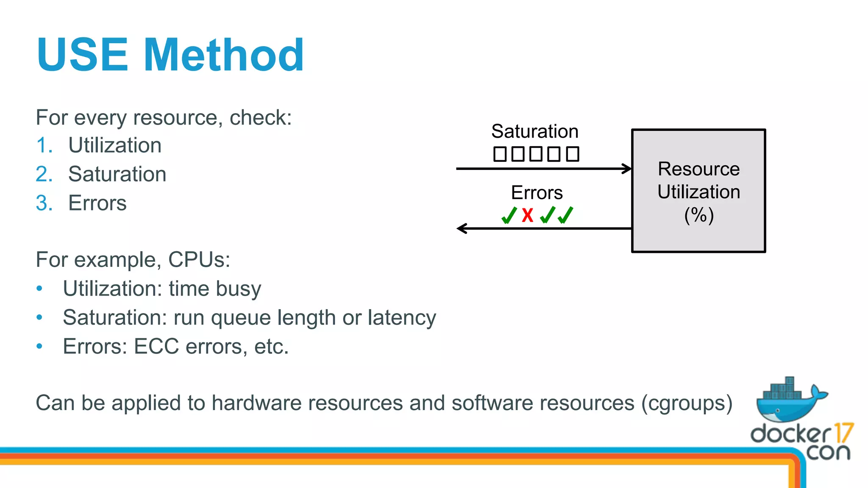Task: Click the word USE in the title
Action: pos(82,55)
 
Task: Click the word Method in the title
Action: pos(224,55)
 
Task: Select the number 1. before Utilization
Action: pos(44,145)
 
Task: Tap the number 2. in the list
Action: pos(44,174)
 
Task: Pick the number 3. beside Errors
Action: pos(44,203)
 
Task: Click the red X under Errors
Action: pos(527,215)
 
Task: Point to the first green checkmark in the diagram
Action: pos(509,215)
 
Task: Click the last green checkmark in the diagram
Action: pos(565,215)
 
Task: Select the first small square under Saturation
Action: pos(500,154)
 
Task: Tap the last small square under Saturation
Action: pos(573,154)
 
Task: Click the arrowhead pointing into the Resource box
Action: pos(627,169)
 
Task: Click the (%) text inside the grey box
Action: pos(699,215)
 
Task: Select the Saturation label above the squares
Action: pos(535,131)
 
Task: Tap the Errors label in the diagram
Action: pos(537,193)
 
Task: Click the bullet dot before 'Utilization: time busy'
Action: pos(39,288)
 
